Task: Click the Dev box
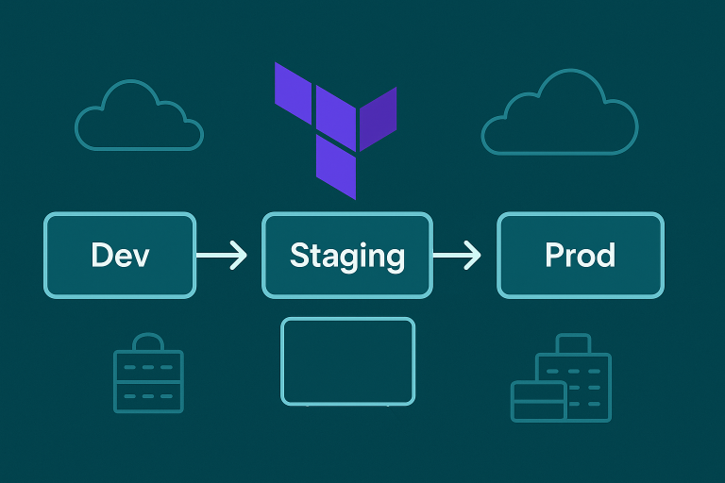tap(120, 255)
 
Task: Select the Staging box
tap(346, 255)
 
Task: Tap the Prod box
tap(580, 255)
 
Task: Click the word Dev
tap(120, 255)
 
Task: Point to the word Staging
tap(346, 256)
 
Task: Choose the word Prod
tap(580, 255)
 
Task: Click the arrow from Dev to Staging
tap(223, 255)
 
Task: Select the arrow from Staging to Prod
tap(458, 255)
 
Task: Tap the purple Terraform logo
tap(336, 127)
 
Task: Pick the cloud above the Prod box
tap(559, 117)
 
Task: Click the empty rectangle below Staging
tap(347, 361)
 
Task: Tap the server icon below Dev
tap(148, 377)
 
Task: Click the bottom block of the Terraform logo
tap(337, 166)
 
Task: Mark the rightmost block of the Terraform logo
tap(379, 116)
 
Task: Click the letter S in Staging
tap(299, 255)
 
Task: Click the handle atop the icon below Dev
tap(148, 341)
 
